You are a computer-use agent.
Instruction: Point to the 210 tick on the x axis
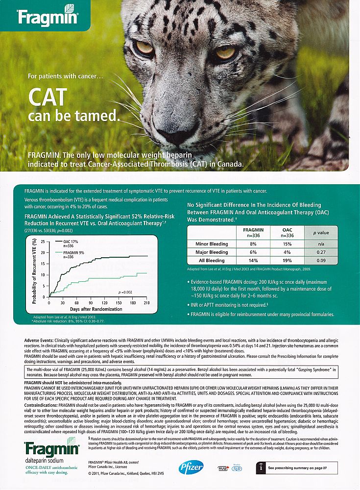[x=147, y=302]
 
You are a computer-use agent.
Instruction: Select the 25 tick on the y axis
[x=42, y=242]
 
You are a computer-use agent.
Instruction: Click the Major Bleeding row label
[x=212, y=252]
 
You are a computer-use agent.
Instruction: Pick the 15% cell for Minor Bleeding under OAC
[x=287, y=244]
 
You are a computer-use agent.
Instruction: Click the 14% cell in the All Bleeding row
[x=253, y=261]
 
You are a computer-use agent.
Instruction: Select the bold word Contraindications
[x=41, y=406]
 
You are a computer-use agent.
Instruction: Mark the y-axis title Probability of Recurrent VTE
[x=35, y=270]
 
